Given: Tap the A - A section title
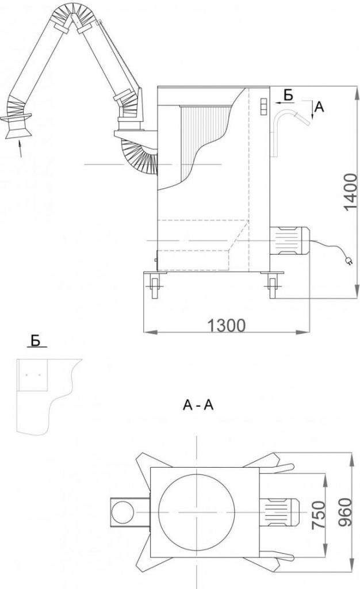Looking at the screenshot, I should tap(198, 406).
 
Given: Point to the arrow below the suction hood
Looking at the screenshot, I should tap(21, 150).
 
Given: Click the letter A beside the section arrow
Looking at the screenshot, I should tap(320, 106).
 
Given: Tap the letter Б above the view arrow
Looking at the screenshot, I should tap(289, 93).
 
